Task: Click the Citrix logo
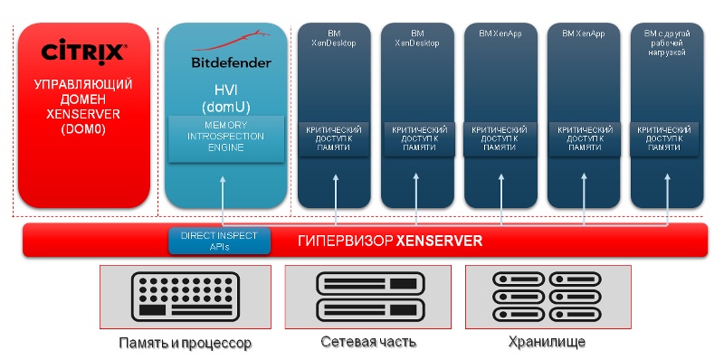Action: [x=83, y=52]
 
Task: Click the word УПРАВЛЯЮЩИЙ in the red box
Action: [x=83, y=84]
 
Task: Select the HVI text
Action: [x=225, y=90]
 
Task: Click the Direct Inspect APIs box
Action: [x=219, y=241]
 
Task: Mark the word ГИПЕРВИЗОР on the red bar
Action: [x=346, y=242]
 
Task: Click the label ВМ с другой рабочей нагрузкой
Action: [x=666, y=43]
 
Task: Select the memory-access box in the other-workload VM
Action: [x=666, y=137]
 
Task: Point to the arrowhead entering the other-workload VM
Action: [x=666, y=178]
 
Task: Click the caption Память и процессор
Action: [x=185, y=344]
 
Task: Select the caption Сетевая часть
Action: [x=367, y=343]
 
